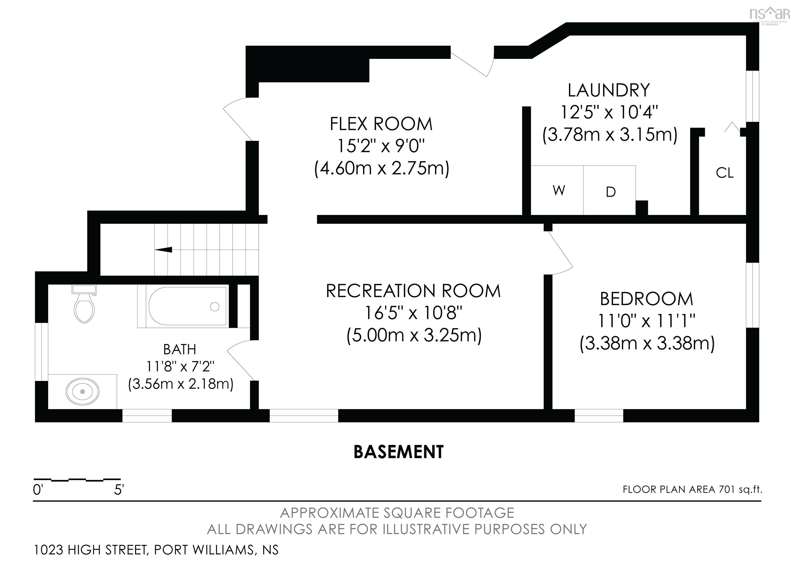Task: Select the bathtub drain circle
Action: tap(215, 306)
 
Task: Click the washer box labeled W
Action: tap(557, 190)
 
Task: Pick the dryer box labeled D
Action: tap(609, 190)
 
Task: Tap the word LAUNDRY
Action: tap(609, 90)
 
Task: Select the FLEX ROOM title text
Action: tap(381, 124)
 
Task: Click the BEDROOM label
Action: tap(646, 299)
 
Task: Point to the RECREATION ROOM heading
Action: tap(413, 291)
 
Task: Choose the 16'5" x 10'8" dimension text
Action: tap(414, 313)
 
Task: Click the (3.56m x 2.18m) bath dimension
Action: tap(180, 384)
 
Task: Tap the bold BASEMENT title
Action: tap(398, 452)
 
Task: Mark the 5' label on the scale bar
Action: tap(119, 489)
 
